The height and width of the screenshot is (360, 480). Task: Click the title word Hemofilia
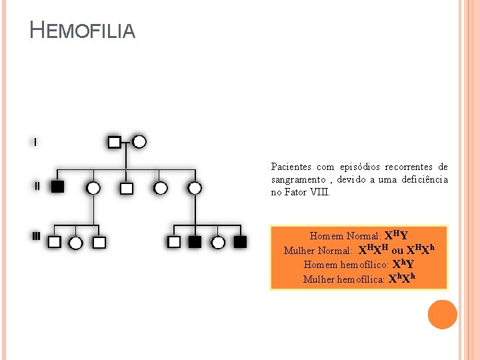pos(83,30)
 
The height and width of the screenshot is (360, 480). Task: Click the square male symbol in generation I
pos(114,143)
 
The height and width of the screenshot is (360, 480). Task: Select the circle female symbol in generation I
pos(139,142)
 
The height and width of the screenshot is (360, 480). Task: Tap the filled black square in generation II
pos(57,187)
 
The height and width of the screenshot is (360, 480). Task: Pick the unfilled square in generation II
pos(127,188)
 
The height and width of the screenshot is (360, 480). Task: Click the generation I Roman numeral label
pos(35,142)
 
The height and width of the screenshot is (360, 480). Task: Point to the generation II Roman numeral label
pos(37,186)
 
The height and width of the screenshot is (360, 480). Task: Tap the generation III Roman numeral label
pos(37,236)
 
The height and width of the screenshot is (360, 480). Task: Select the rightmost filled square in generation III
pos(240,242)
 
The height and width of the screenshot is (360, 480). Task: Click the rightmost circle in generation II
pos(195,188)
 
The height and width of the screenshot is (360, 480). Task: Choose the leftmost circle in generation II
pos(93,188)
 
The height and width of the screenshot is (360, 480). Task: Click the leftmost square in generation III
pos(55,242)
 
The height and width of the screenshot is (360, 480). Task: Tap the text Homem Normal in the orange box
pos(345,236)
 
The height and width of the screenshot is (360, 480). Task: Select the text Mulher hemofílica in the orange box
pos(343,279)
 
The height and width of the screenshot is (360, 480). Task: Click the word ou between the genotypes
pos(397,251)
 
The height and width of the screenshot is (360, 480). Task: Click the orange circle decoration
pos(443,315)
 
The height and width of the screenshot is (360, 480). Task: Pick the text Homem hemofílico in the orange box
pos(346,265)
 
